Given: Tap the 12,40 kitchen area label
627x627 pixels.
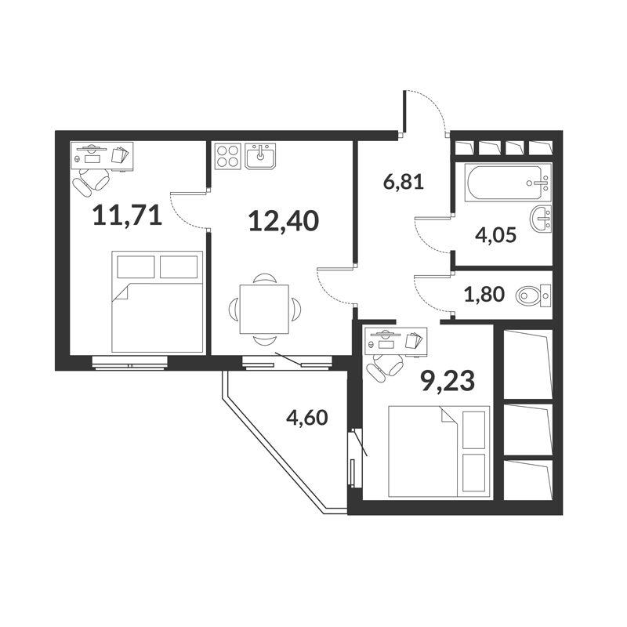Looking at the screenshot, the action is tap(284, 221).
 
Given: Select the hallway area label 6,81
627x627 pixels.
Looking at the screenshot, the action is tap(404, 183).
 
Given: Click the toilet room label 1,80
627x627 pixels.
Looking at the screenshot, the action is tap(484, 295).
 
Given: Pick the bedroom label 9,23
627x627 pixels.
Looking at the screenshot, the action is tap(448, 381).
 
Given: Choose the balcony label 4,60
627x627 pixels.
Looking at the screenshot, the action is tap(307, 418).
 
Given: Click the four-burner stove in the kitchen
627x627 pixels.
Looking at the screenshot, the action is tap(227, 155).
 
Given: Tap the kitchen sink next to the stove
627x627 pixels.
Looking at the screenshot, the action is tap(260, 156).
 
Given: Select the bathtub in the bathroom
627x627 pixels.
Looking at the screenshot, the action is tap(508, 182).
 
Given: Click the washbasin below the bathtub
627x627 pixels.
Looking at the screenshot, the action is tap(541, 219).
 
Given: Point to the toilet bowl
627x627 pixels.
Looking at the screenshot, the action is tap(533, 295).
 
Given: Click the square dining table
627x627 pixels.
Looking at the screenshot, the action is tap(264, 309).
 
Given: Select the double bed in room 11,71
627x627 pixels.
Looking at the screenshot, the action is tap(158, 302).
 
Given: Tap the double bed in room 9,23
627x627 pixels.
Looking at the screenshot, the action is tap(439, 451).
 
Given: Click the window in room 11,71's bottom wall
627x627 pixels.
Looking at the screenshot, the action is tap(129, 363).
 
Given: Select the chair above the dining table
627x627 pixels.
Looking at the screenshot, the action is tap(264, 278).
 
